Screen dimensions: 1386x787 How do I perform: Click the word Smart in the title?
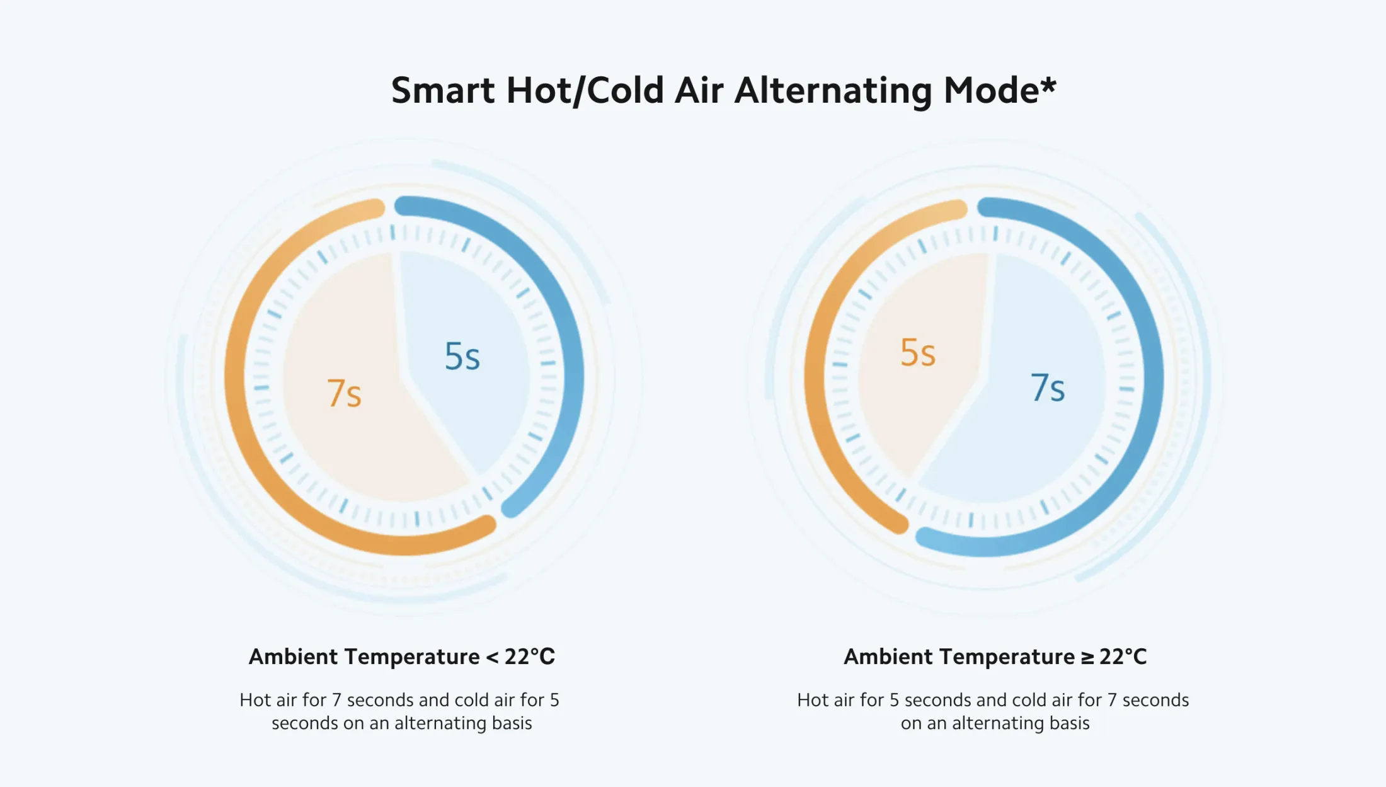(443, 91)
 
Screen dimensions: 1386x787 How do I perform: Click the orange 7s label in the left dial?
(344, 393)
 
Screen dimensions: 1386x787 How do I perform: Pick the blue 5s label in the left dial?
(462, 357)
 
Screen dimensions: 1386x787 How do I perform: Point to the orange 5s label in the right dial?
(918, 352)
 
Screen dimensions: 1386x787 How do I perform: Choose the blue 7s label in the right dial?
(1048, 388)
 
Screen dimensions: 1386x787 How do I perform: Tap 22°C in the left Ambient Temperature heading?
(530, 657)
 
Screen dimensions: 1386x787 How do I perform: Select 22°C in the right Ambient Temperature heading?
(1123, 657)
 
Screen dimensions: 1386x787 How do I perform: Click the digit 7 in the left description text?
(336, 700)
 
